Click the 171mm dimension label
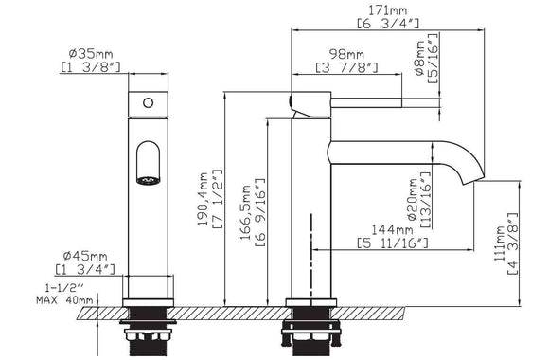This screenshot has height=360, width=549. coord(387,10)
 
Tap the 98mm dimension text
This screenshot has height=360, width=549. coord(346,54)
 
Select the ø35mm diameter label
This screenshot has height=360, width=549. coord(91,54)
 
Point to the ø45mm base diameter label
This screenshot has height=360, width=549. coord(85,256)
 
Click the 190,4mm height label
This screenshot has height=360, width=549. coord(203,199)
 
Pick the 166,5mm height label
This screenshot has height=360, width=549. coord(246,212)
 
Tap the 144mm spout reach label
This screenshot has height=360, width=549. coord(392,229)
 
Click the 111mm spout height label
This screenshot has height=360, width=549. coord(499,243)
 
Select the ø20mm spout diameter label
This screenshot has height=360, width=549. coord(413,200)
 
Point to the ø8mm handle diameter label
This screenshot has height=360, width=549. coord(420,58)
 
